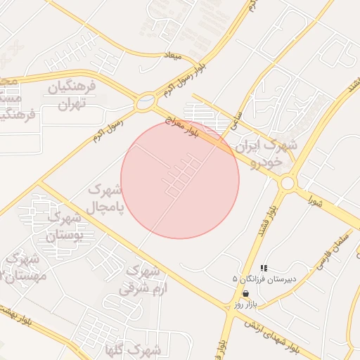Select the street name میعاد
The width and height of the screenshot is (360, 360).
click(172, 55)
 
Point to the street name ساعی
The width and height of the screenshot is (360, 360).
click(237, 120)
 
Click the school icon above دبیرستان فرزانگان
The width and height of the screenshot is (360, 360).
click(264, 268)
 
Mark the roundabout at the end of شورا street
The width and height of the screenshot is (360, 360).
click(287, 184)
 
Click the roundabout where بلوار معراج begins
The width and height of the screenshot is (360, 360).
click(146, 101)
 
